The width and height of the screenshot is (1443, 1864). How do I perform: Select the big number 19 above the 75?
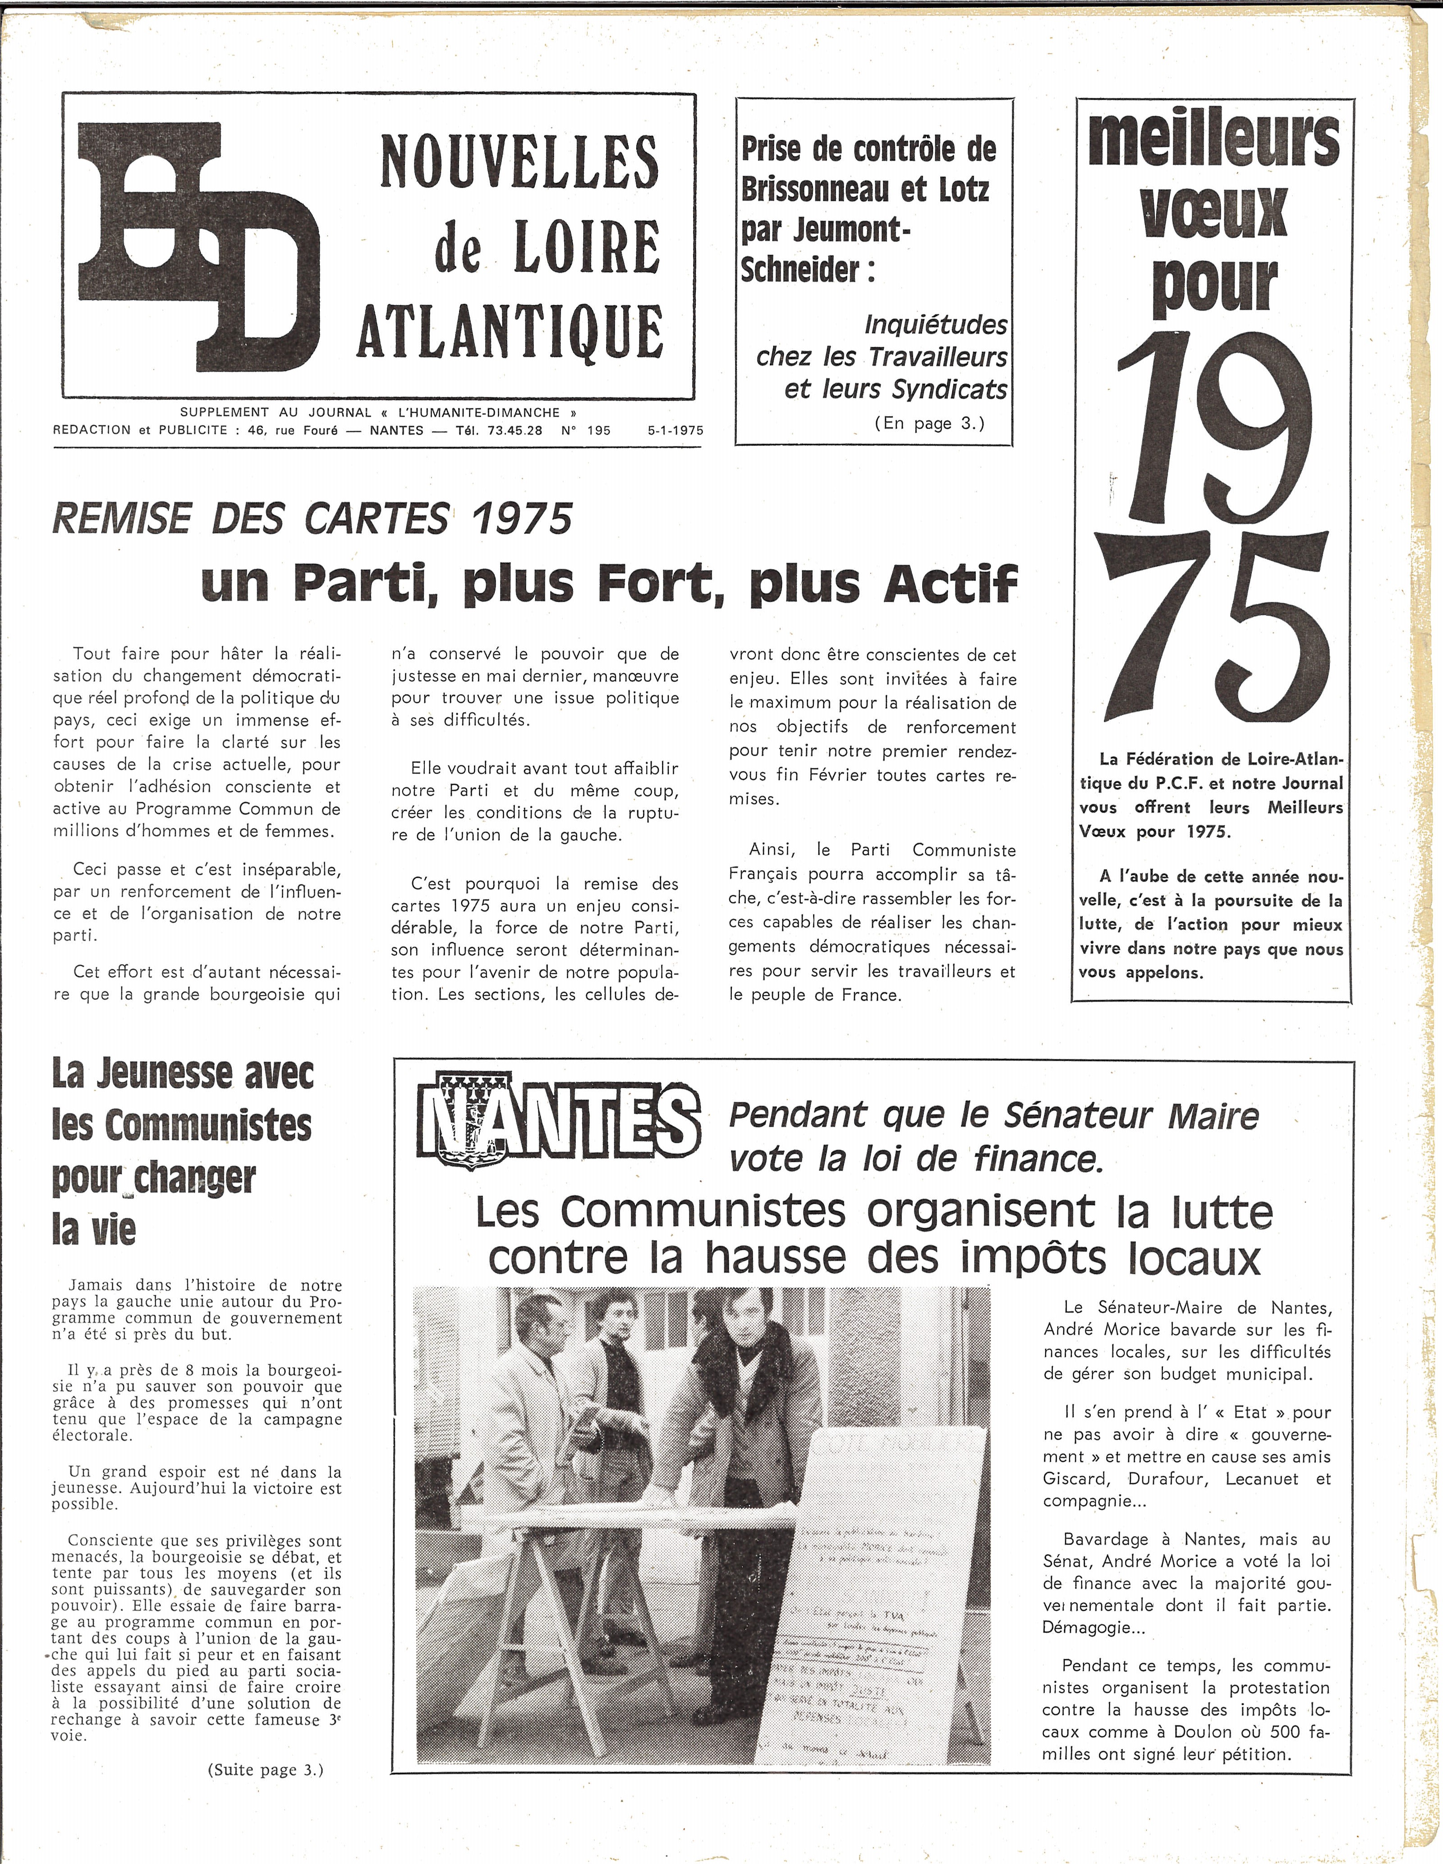(x=1213, y=427)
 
